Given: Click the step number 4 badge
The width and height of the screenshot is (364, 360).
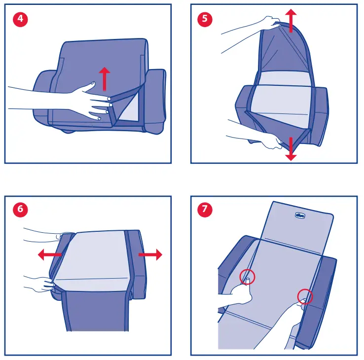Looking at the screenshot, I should (20, 20).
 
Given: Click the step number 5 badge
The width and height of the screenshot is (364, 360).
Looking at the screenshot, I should (205, 20).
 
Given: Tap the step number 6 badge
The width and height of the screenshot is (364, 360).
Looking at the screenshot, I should (20, 209).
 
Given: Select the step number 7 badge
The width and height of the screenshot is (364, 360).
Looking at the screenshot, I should (205, 209).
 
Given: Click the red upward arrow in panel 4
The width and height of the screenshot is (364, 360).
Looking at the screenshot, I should (104, 79).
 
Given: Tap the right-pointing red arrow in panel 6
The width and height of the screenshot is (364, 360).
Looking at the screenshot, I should (150, 254).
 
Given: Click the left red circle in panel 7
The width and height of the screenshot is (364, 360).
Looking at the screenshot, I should (248, 277).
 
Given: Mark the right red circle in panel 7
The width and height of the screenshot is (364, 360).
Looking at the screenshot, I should (305, 296).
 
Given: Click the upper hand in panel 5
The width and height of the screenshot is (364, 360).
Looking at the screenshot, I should (269, 22).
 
